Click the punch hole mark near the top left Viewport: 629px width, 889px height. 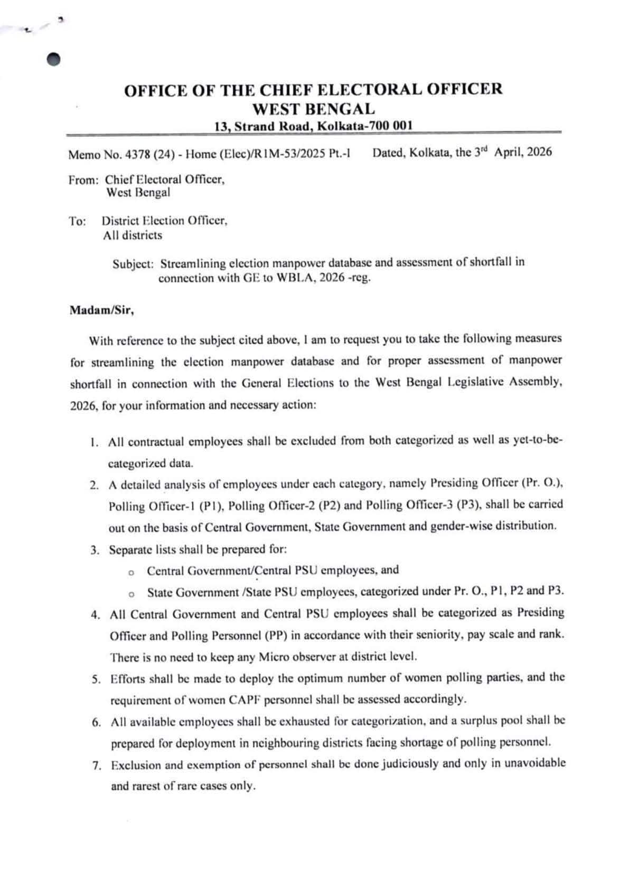(54, 59)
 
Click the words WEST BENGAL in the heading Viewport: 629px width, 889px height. (314, 109)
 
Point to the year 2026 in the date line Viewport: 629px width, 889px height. (539, 153)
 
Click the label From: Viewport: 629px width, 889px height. (83, 180)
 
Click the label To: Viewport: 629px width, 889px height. (77, 221)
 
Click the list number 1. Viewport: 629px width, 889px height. (94, 442)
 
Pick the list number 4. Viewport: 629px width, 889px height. (96, 615)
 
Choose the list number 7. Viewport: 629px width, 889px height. (97, 765)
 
